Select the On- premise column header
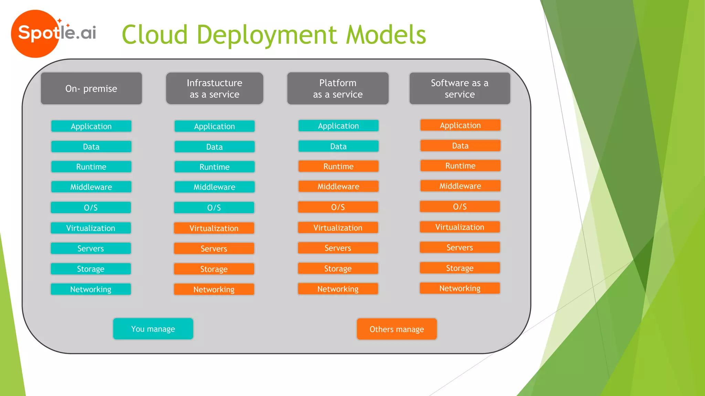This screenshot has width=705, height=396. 91,88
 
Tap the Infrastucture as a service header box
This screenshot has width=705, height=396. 214,88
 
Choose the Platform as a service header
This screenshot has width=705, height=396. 338,88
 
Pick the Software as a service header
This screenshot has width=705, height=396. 460,88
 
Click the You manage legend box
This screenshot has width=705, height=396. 153,329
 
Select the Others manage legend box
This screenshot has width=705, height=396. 397,329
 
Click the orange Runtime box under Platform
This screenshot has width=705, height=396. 338,166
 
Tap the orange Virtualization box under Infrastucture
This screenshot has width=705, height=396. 214,228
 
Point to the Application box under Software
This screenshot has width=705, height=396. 460,125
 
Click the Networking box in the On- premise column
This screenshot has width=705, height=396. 91,289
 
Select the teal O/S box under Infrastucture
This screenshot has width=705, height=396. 214,208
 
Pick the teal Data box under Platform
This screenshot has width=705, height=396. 338,146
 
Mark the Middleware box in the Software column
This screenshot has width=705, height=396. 460,186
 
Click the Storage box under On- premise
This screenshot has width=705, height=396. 91,269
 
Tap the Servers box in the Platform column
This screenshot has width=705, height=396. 338,248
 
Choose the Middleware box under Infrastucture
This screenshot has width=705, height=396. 214,187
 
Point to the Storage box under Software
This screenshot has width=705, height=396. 460,268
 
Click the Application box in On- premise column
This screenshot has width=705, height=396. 91,126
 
